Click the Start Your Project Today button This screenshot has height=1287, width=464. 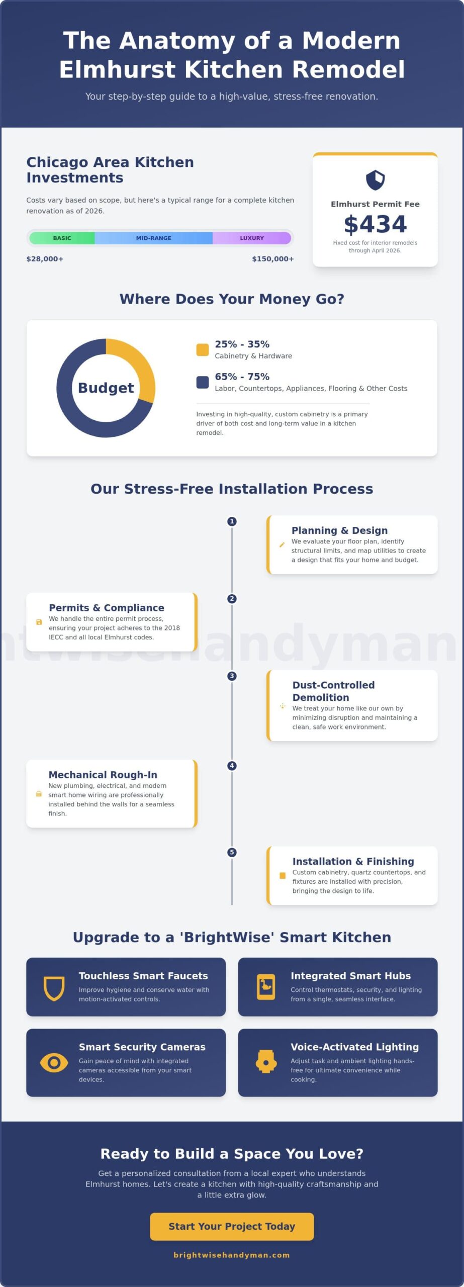(x=232, y=1226)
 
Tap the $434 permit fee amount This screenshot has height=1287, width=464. (x=375, y=224)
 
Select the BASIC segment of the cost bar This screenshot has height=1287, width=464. (x=62, y=238)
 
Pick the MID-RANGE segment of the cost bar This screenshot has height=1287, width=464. (x=153, y=238)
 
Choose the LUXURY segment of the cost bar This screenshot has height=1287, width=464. (x=252, y=238)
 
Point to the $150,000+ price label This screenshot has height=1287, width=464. (x=273, y=259)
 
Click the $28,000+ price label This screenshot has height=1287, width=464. (x=45, y=259)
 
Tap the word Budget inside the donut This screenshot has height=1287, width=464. (x=106, y=388)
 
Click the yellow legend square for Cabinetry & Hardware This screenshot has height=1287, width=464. (x=203, y=349)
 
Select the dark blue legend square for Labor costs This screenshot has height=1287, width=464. (x=203, y=382)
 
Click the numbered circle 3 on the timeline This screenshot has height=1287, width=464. (x=232, y=676)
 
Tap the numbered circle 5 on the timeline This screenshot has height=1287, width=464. (x=232, y=852)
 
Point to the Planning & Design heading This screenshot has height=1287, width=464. (x=339, y=530)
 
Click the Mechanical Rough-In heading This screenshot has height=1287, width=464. (x=103, y=775)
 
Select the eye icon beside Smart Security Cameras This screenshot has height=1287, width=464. (x=54, y=1063)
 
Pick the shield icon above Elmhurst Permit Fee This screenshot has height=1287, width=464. (x=375, y=180)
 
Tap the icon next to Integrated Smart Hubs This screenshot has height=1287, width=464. (x=266, y=987)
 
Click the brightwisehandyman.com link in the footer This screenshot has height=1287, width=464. (x=232, y=1255)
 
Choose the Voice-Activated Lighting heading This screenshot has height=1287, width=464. (x=354, y=1047)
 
